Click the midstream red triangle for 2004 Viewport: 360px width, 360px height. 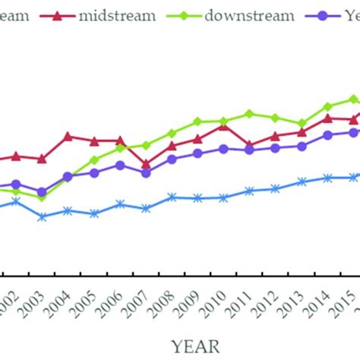(68, 137)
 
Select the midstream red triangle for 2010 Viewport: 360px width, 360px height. (223, 125)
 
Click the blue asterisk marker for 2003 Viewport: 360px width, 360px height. (42, 217)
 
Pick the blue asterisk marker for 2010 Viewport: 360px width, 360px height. (223, 197)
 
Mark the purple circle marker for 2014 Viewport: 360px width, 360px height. (327, 135)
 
